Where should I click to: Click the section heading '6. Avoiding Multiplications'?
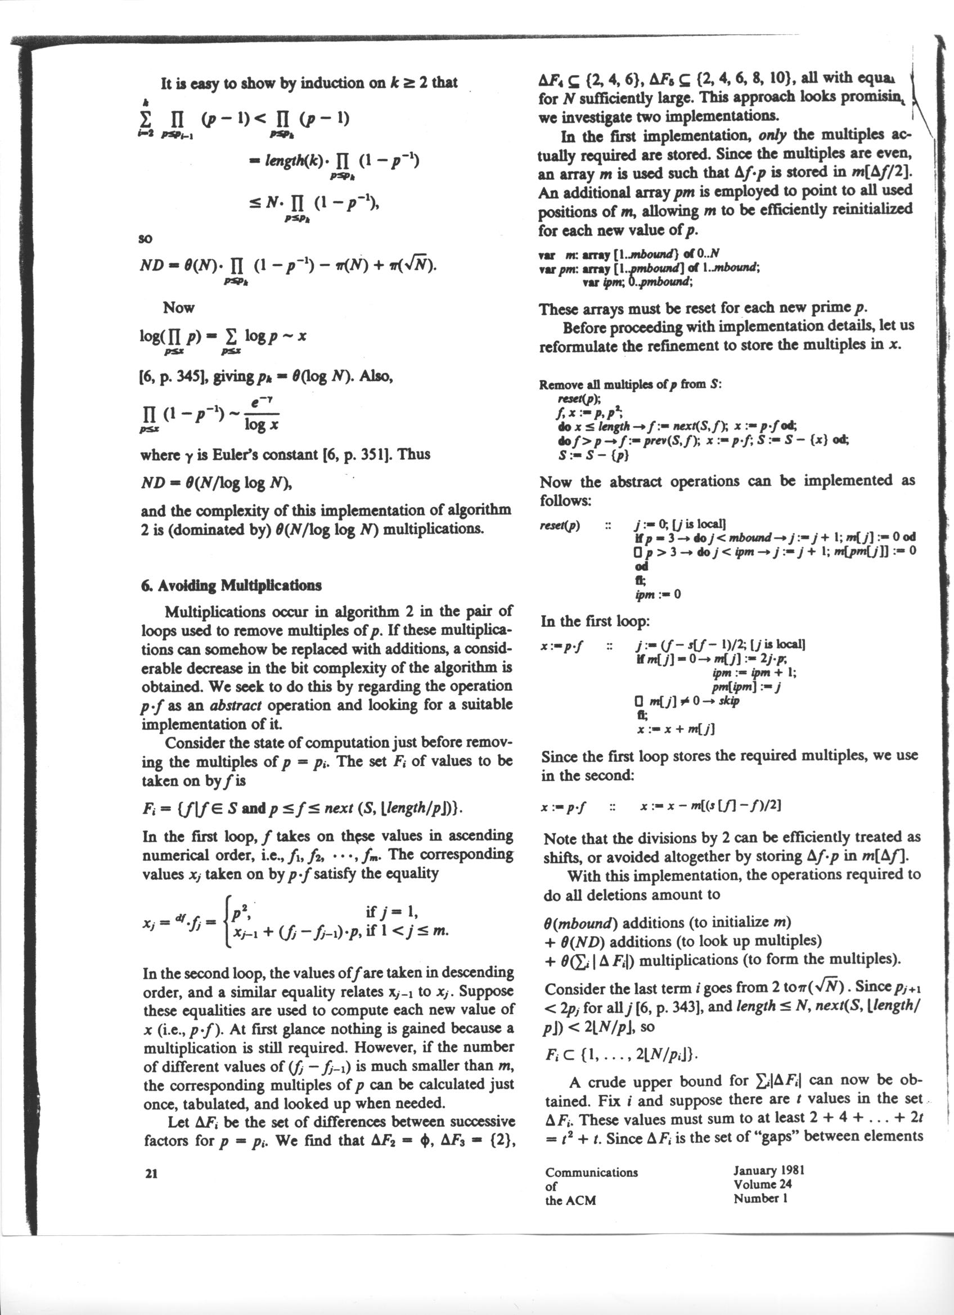tap(230, 585)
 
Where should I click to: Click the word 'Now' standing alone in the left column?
tap(179, 308)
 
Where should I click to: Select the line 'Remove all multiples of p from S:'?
tap(630, 385)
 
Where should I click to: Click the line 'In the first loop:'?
tap(595, 621)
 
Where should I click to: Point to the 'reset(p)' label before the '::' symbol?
tap(561, 526)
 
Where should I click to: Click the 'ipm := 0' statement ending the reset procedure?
tap(658, 594)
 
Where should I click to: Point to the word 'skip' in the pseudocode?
tap(728, 701)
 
